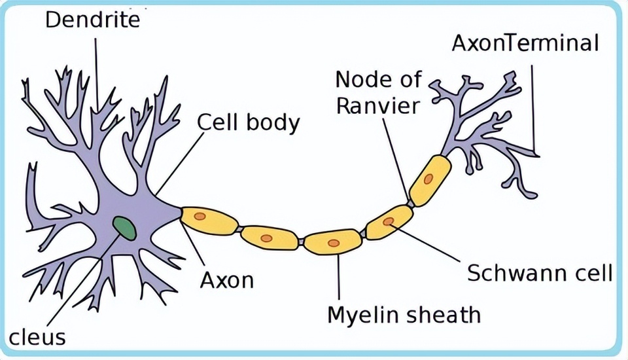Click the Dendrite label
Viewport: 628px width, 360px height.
pyautogui.click(x=92, y=20)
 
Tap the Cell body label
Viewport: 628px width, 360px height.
pyautogui.click(x=248, y=122)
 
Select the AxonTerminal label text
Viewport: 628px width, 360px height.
pyautogui.click(x=525, y=43)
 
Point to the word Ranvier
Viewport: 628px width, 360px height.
pyautogui.click(x=377, y=105)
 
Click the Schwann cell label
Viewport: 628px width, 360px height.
pyautogui.click(x=540, y=272)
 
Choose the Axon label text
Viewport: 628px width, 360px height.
pyautogui.click(x=226, y=280)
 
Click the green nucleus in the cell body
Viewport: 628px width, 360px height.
pyautogui.click(x=124, y=228)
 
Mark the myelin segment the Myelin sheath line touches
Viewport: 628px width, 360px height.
pyautogui.click(x=333, y=242)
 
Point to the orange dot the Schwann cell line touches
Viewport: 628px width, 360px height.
pyautogui.click(x=389, y=221)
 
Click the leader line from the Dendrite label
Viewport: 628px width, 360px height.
pyautogui.click(x=96, y=72)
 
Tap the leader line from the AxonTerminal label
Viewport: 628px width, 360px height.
pyautogui.click(x=532, y=105)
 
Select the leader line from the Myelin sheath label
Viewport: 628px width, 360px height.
pyautogui.click(x=339, y=278)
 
